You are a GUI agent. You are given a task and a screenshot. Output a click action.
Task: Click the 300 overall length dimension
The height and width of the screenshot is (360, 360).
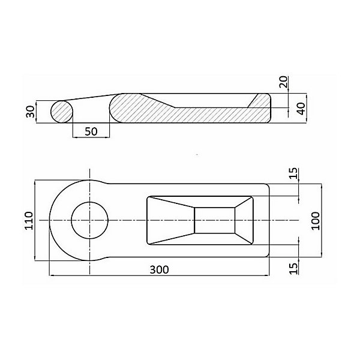159,269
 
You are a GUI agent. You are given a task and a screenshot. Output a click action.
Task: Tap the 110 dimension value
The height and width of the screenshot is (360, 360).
29,220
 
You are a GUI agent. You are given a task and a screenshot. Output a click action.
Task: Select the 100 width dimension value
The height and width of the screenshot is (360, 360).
316,221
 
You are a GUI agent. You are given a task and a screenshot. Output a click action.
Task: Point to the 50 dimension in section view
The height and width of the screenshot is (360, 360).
91,131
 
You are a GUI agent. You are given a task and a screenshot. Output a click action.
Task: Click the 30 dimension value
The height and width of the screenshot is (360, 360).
30,112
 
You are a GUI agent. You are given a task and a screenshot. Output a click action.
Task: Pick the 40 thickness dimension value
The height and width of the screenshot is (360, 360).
301,109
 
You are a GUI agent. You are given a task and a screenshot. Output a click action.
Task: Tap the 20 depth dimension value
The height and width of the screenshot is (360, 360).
283,82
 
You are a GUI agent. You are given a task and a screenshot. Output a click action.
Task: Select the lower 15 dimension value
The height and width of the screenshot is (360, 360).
294,268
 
